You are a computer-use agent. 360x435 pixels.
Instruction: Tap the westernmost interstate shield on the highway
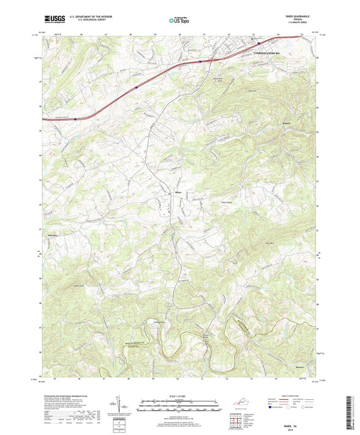click(76, 118)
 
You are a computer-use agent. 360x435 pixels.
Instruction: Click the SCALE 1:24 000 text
click(180, 395)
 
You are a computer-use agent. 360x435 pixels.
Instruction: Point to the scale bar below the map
click(180, 408)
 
